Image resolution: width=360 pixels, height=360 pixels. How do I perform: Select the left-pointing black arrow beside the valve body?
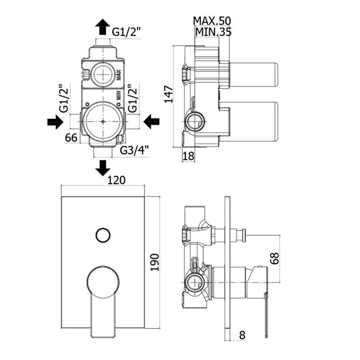152,121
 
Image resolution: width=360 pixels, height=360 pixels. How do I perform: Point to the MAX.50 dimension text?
212,21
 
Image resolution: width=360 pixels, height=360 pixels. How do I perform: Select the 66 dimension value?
71,138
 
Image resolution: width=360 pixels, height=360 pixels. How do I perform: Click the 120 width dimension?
117,180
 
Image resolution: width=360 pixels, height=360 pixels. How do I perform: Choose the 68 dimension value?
275,258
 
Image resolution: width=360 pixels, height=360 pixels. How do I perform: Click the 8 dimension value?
242,335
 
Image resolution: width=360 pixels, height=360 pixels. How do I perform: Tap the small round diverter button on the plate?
103,235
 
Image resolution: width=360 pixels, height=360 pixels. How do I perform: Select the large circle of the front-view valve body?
103,121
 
